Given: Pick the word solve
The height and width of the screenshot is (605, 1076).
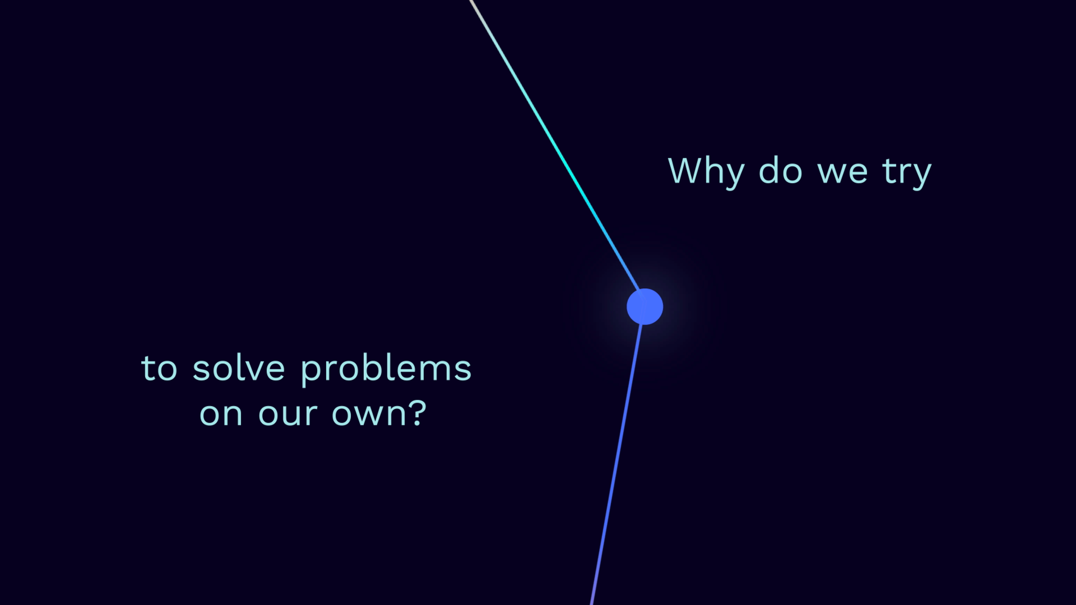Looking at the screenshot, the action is coord(238,367).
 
